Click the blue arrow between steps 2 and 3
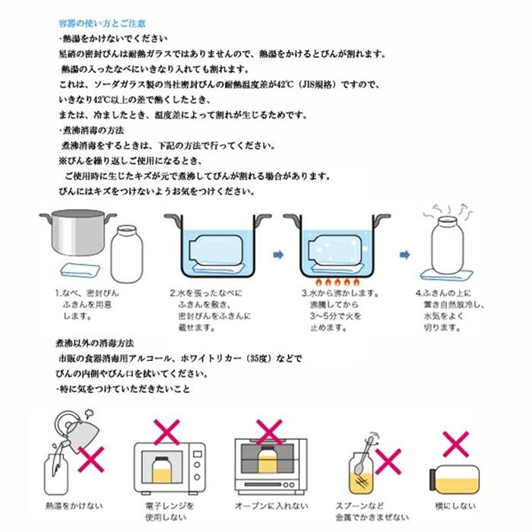click(x=278, y=255)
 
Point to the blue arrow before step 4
click(x=405, y=255)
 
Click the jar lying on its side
click(x=458, y=480)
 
